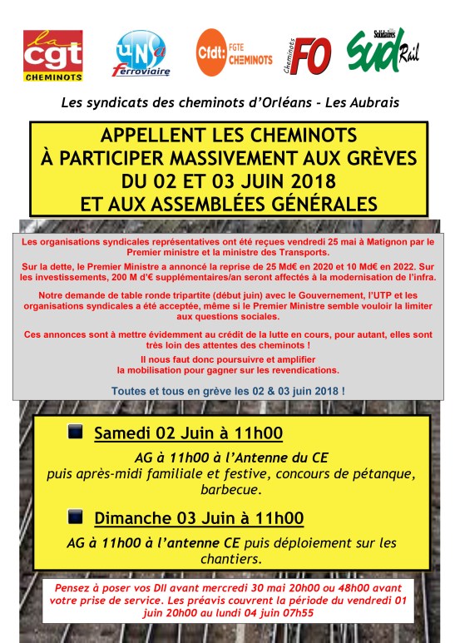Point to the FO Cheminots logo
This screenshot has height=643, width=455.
[309, 55]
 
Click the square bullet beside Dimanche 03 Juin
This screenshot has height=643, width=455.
[75, 517]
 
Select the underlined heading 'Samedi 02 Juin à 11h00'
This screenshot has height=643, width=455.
[188, 433]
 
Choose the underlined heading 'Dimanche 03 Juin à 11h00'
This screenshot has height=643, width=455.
[198, 518]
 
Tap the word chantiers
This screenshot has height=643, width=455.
[228, 560]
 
